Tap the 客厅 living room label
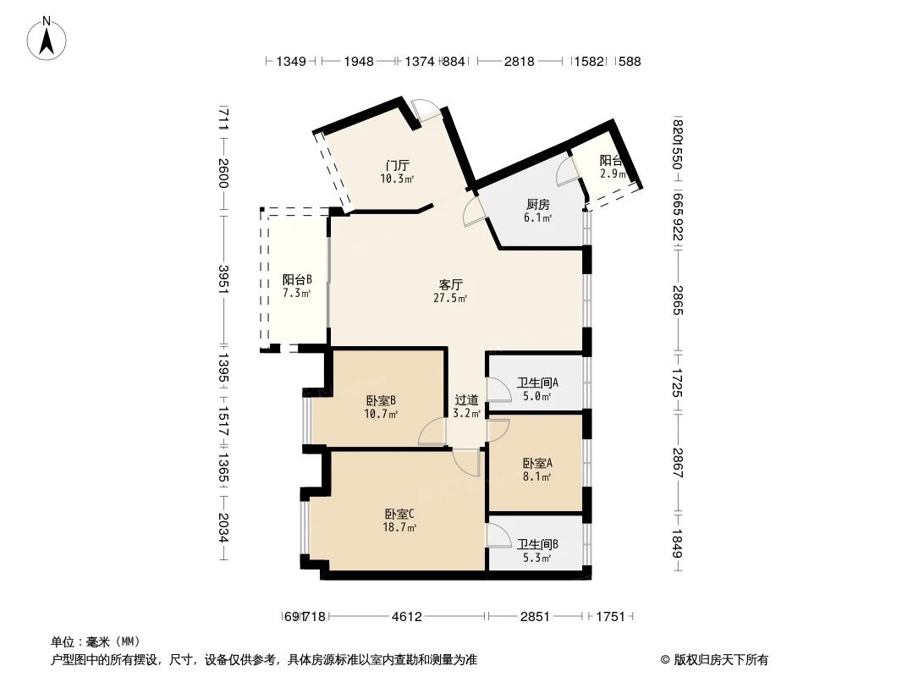(x=450, y=284)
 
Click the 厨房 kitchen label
(x=538, y=205)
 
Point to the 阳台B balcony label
(x=297, y=279)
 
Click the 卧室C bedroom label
(x=399, y=514)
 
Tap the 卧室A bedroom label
(x=537, y=463)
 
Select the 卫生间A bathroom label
(x=537, y=383)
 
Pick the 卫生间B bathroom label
(x=537, y=545)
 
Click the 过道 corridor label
(x=466, y=400)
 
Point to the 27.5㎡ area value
(x=450, y=298)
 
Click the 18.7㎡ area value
(x=399, y=527)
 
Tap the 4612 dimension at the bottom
(x=406, y=617)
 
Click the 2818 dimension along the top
(x=520, y=61)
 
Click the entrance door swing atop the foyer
(x=426, y=111)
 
